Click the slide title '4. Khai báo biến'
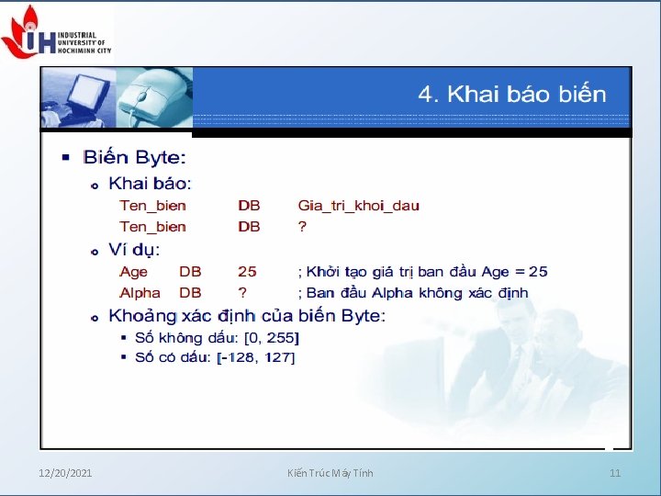click(x=512, y=95)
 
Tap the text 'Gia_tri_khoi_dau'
click(x=358, y=206)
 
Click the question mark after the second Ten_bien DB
click(x=302, y=227)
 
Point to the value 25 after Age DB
click(x=247, y=272)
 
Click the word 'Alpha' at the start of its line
click(x=140, y=293)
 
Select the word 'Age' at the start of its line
click(x=133, y=272)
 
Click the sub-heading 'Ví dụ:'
click(x=134, y=250)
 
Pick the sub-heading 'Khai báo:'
click(x=150, y=184)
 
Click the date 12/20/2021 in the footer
click(x=65, y=473)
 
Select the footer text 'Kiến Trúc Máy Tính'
click(x=330, y=473)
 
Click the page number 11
click(x=615, y=473)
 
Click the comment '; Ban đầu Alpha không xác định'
click(x=412, y=293)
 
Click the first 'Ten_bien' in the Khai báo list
click(x=152, y=206)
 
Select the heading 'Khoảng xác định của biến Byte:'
click(x=247, y=316)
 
